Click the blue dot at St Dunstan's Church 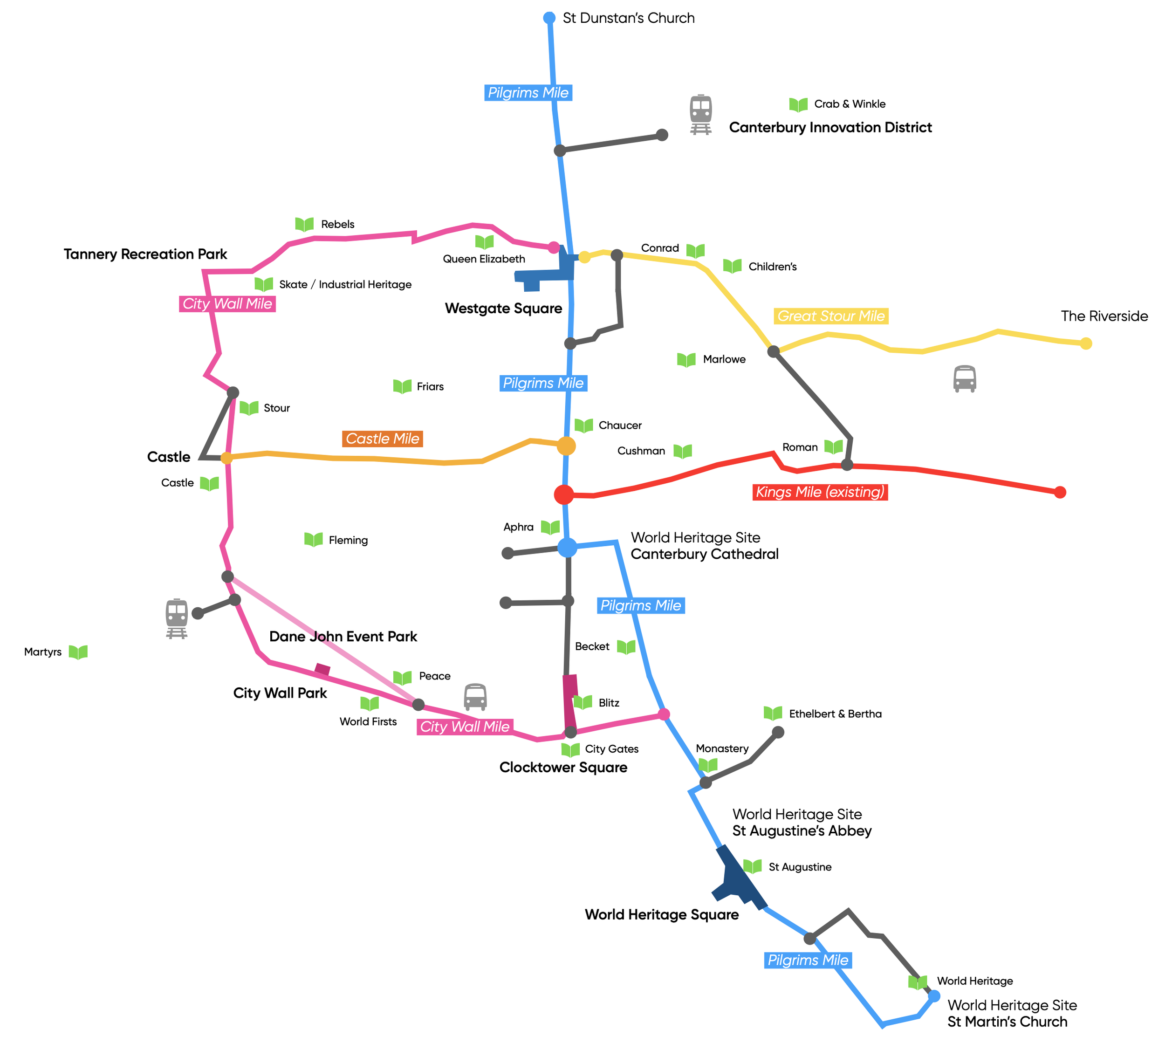coord(549,18)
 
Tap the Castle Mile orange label coord(382,439)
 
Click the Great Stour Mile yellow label coord(830,316)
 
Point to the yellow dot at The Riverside coord(1085,343)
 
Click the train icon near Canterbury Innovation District coord(700,114)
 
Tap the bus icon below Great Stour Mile coord(965,379)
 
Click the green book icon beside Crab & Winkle coord(798,104)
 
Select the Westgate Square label coord(503,309)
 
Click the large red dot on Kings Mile coord(564,494)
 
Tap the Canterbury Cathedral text coord(704,554)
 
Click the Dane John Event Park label coord(343,636)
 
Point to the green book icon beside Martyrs coord(78,652)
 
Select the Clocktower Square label coord(563,767)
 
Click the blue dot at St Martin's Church coord(933,996)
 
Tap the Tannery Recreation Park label coord(145,254)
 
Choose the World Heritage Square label coord(661,914)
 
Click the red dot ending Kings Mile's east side coord(1060,492)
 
